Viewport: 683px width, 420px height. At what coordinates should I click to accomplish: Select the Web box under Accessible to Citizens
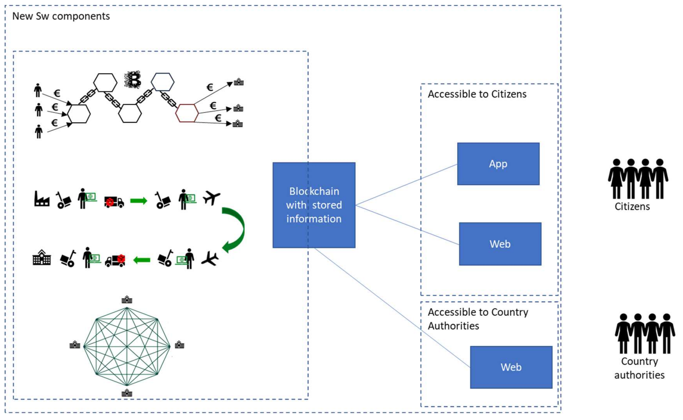(500, 244)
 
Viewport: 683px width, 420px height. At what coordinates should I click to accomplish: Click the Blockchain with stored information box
(314, 205)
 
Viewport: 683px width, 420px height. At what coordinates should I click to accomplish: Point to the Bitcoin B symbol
(133, 80)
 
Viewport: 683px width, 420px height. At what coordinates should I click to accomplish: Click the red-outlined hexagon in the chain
(187, 113)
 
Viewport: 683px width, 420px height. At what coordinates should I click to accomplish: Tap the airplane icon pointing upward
(211, 197)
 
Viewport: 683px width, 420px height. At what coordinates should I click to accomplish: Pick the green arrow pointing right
(139, 201)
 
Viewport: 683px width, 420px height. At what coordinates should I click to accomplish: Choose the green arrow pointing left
(142, 260)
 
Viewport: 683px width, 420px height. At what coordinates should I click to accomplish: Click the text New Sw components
(61, 16)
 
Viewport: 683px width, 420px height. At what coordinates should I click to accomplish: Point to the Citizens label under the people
(632, 206)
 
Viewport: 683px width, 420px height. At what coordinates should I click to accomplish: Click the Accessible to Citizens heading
(477, 94)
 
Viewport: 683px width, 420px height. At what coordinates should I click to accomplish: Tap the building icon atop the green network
(127, 299)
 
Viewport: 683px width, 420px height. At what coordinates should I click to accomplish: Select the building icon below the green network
(127, 393)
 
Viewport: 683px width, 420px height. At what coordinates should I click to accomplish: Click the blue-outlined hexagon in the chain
(163, 82)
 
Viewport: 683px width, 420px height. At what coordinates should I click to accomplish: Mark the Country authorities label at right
(639, 368)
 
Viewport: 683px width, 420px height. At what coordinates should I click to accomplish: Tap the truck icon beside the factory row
(114, 202)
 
